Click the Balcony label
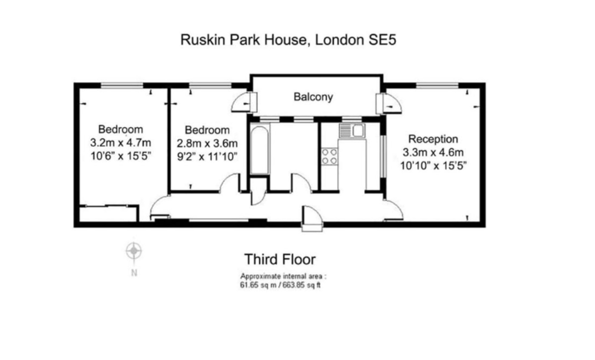coord(313,97)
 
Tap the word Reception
coord(433,139)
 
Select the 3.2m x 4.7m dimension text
coord(120,143)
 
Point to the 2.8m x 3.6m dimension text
coord(207,143)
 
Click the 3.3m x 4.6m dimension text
coord(433,153)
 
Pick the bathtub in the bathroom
coord(259,150)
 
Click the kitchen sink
coord(352,131)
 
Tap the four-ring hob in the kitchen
coord(329,157)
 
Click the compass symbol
coord(133,250)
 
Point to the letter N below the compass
coord(134,273)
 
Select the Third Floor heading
coord(280,259)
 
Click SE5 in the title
coord(382,40)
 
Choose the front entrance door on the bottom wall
coord(312,218)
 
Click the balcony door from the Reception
coord(389,103)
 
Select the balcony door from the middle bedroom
coord(244,102)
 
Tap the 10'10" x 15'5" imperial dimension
coord(433,166)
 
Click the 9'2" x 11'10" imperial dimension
coord(207,157)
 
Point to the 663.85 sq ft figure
coord(301,285)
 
